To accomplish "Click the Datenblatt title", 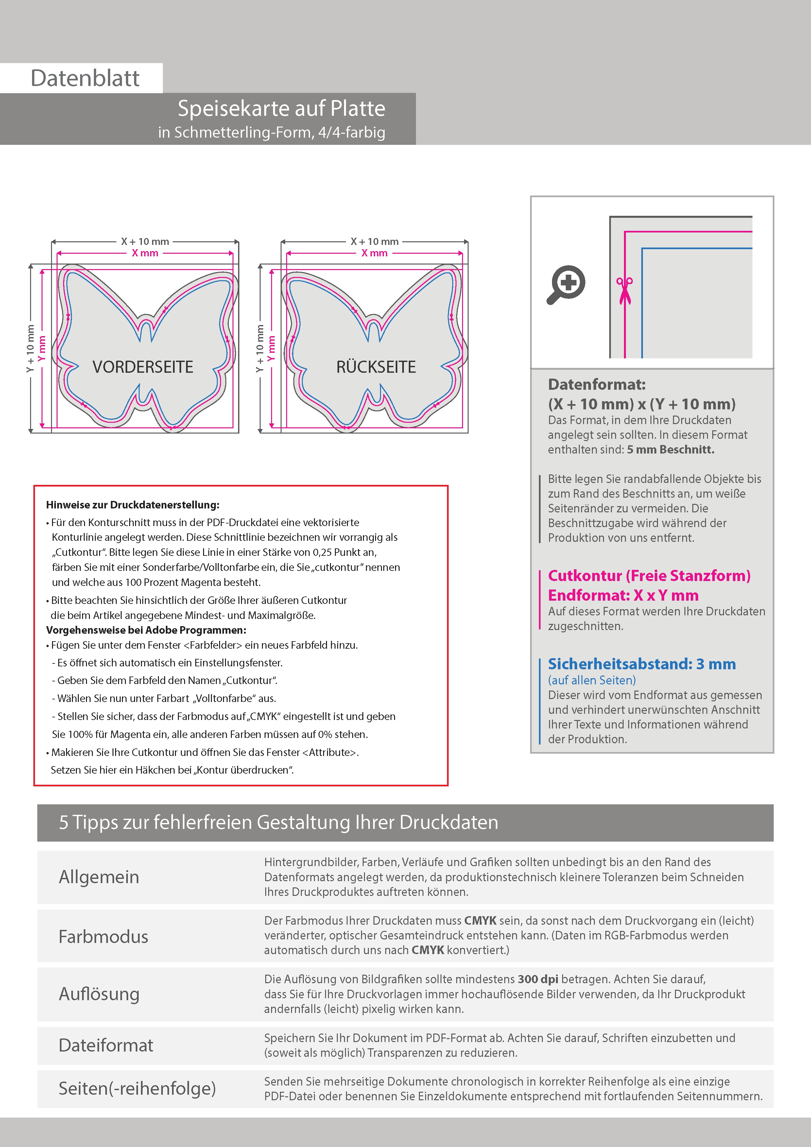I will click(x=85, y=78).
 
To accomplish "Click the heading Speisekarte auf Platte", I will click(x=281, y=109).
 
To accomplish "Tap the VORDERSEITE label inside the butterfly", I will click(x=143, y=367).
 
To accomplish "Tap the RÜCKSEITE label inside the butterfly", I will click(x=376, y=367).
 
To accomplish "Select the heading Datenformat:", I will click(x=596, y=385).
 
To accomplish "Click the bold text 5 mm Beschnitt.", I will click(x=671, y=450).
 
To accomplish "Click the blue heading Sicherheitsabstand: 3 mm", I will click(x=642, y=664).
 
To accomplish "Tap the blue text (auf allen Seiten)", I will click(x=592, y=680).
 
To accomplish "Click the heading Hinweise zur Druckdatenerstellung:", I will click(x=133, y=505).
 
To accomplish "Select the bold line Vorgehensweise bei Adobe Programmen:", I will click(x=146, y=630).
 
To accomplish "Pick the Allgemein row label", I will click(x=99, y=877).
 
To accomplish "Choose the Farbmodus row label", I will click(x=103, y=937).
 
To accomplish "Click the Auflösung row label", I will click(x=99, y=994).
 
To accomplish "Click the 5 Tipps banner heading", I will click(x=278, y=822).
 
